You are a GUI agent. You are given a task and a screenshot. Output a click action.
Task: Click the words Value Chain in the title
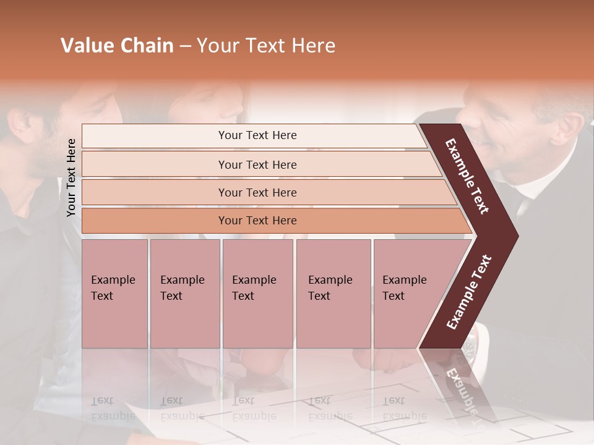117,46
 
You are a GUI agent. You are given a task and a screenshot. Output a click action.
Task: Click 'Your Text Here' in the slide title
266,46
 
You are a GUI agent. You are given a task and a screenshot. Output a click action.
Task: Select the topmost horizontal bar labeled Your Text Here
257,135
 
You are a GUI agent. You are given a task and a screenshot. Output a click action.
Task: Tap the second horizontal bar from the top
257,164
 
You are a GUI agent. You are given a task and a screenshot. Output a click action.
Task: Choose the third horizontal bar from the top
257,192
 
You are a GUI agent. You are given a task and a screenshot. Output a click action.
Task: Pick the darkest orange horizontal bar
257,221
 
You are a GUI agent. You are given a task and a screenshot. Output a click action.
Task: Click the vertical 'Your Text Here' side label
71,177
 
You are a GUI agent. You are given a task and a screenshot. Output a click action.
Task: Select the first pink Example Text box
114,294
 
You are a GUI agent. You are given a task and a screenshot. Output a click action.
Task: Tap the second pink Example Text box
184,294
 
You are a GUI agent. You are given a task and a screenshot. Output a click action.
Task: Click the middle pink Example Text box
257,294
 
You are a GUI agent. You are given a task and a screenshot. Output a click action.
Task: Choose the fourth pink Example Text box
333,294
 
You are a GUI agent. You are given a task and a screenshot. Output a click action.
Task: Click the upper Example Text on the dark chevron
468,176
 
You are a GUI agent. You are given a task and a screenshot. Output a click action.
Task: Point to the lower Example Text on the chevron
469,292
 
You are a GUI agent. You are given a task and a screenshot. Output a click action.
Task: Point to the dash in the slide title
185,46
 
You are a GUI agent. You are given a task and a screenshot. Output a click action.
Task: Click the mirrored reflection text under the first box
113,409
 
